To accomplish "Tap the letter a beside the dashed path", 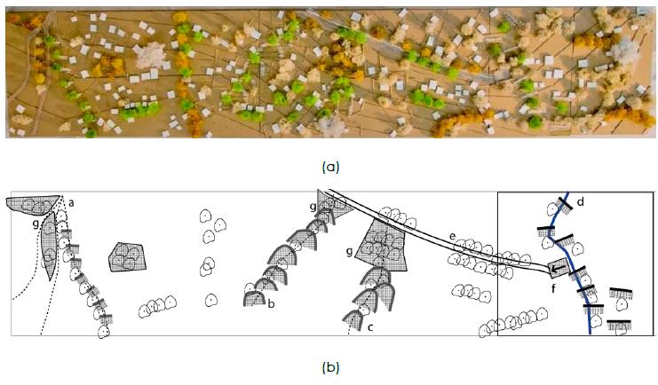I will [x=71, y=203].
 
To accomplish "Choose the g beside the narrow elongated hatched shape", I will [x=36, y=225].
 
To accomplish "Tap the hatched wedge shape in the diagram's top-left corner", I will [x=31, y=205].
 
